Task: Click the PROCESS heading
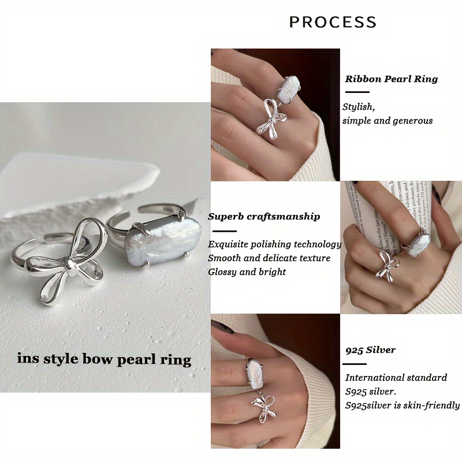pyautogui.click(x=333, y=22)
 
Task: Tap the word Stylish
pyautogui.click(x=358, y=107)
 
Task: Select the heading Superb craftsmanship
pyautogui.click(x=264, y=217)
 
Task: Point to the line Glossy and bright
pyautogui.click(x=247, y=272)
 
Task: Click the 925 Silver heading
pyautogui.click(x=370, y=350)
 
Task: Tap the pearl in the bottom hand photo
pyautogui.click(x=255, y=374)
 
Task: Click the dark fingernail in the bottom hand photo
pyautogui.click(x=222, y=327)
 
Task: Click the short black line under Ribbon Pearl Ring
pyautogui.click(x=357, y=92)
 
